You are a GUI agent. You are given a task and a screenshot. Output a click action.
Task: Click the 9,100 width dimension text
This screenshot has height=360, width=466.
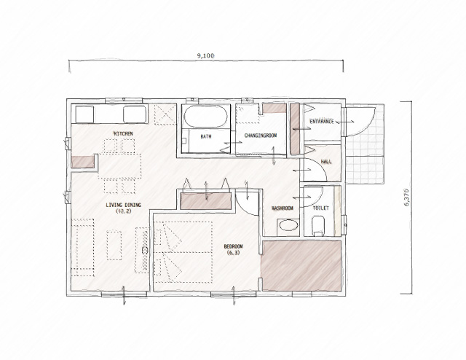coord(205,55)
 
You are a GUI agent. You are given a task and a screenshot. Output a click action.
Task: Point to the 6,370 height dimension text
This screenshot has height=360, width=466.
coord(406,197)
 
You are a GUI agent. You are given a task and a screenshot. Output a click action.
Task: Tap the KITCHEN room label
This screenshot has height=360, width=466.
coord(123,133)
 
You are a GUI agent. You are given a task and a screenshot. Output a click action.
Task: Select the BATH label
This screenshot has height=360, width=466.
coord(206,136)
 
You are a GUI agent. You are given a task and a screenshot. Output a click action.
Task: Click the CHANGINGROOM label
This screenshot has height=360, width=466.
coord(261,136)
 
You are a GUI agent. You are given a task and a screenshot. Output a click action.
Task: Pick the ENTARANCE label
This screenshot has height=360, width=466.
coord(322,122)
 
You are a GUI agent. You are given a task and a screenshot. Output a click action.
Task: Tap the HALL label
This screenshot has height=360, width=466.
coord(326,162)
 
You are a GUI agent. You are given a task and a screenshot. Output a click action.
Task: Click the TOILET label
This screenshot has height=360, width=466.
coord(320,208)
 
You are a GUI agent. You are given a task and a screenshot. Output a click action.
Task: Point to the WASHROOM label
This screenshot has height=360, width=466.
coord(283,208)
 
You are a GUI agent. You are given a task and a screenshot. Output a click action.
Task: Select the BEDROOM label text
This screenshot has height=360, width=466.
coord(233,246)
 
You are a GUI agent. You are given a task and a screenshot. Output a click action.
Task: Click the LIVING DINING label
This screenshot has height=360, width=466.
coord(123,205)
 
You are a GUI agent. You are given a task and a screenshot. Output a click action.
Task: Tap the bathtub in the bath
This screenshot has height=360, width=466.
coord(205,117)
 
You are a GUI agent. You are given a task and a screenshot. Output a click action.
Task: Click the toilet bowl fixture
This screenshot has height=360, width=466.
coord(318,225)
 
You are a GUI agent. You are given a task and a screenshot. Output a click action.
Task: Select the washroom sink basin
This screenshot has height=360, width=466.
coord(288,225)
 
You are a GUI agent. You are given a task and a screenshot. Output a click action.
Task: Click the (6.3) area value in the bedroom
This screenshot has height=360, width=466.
coord(233,253)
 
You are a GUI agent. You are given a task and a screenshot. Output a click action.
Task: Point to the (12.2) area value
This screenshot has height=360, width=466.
coord(124,211)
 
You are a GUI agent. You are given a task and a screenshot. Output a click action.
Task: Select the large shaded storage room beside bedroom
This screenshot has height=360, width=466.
coord(301,266)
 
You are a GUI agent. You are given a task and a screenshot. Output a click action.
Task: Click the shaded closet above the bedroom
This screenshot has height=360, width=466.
coord(206,201)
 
